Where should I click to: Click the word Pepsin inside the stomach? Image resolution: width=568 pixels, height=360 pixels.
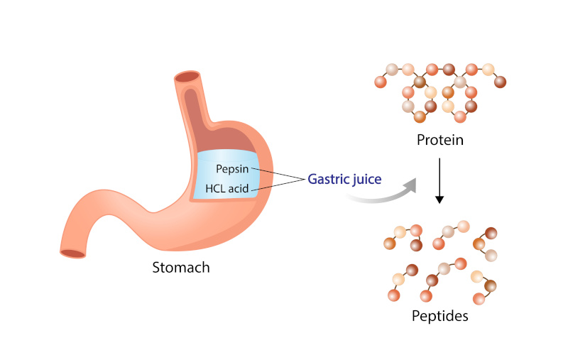tap(233, 170)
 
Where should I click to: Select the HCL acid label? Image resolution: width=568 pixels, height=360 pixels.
tap(226, 190)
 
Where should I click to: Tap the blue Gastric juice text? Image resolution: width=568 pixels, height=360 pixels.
tap(344, 178)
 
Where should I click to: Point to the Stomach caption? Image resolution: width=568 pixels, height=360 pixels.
tap(181, 268)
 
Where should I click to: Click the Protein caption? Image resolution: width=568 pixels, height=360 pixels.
tap(439, 140)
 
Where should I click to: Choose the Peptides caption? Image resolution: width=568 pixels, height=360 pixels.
tap(440, 315)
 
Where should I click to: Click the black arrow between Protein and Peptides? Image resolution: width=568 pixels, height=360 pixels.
tap(439, 181)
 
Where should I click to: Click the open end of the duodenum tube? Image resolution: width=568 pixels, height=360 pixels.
tap(72, 252)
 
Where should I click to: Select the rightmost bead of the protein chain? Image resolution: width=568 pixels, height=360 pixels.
tap(501, 82)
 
